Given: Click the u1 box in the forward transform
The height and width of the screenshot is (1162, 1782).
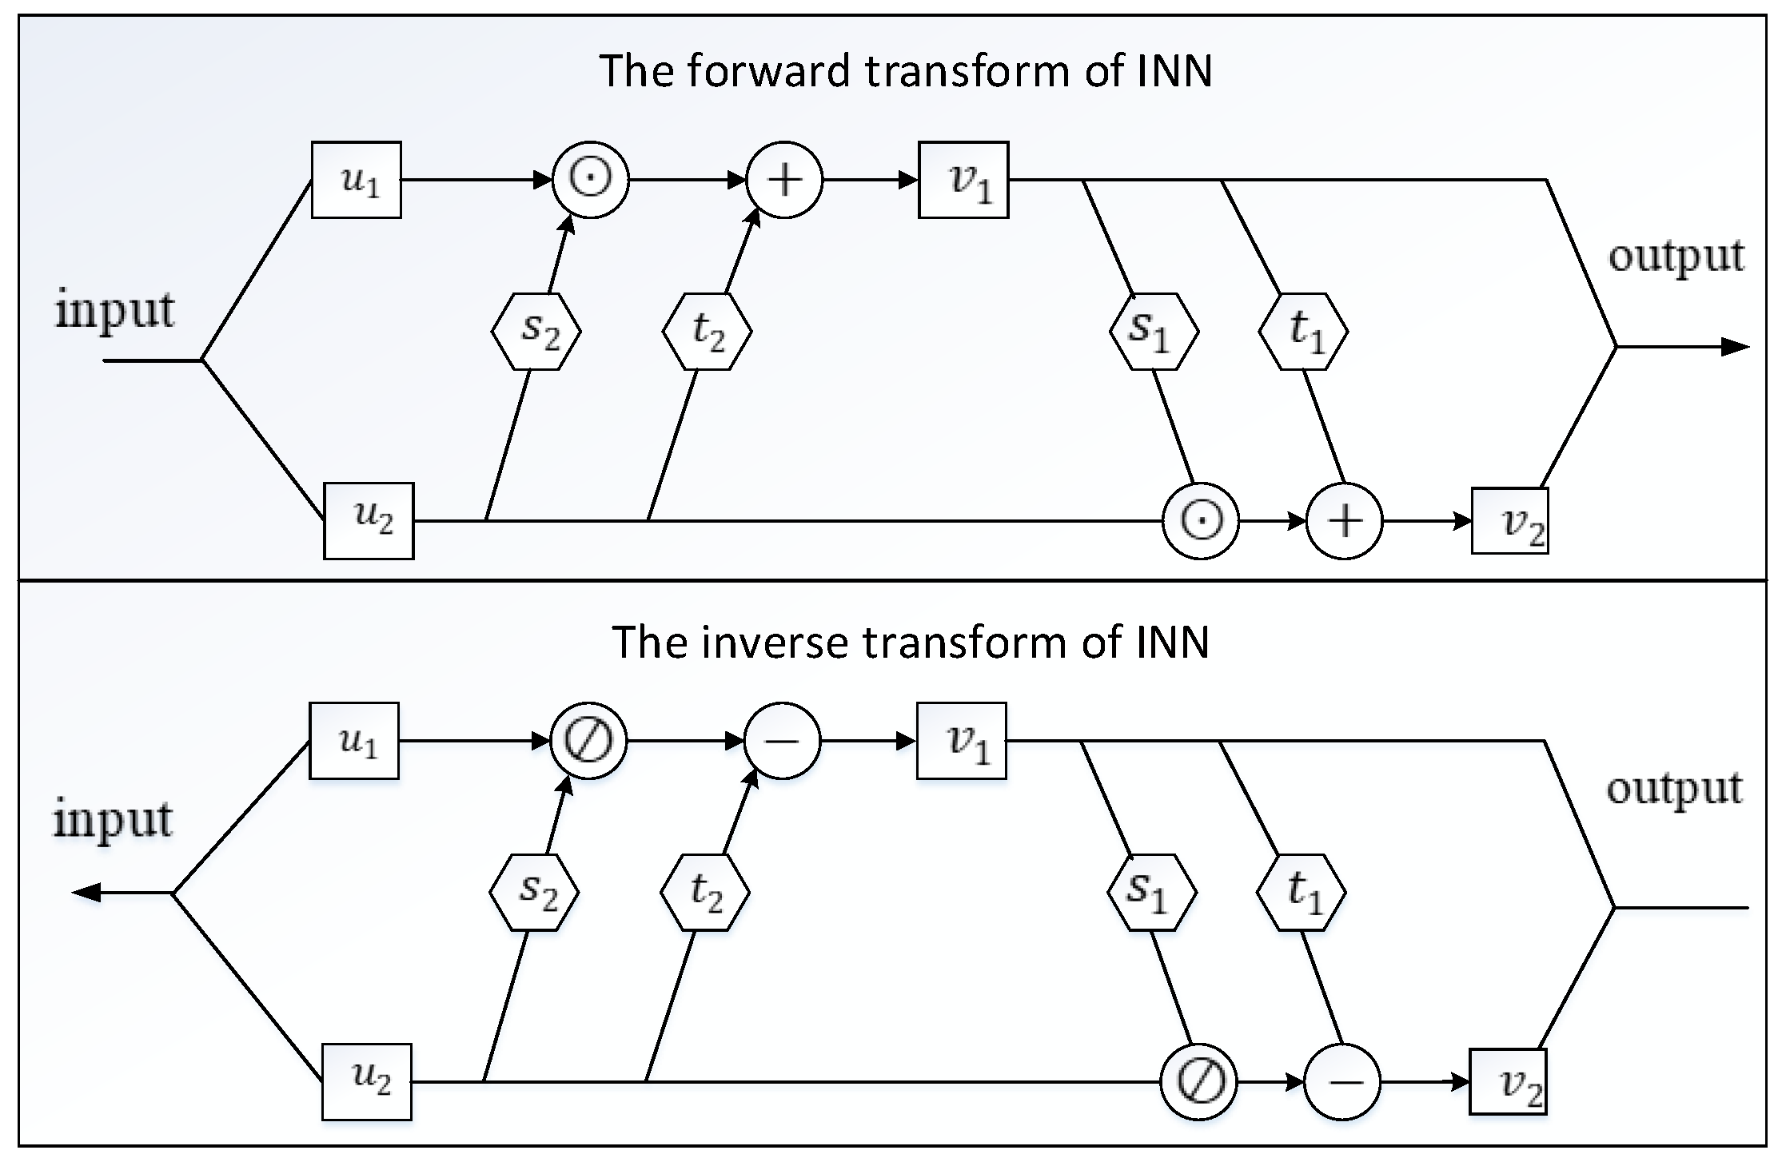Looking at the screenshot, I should (356, 180).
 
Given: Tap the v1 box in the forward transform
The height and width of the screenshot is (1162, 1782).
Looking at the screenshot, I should (963, 180).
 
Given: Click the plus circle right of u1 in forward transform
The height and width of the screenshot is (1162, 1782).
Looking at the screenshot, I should (784, 180).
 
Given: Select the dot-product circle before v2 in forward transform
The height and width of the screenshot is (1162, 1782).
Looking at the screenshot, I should (1200, 521).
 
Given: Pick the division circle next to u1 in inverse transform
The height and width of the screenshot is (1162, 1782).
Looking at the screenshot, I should (588, 741).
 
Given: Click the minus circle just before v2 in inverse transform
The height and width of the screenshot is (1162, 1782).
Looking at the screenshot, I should (1342, 1082).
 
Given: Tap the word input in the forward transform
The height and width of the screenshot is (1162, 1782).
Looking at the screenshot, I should (114, 310).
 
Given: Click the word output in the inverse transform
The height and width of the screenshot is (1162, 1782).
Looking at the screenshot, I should (1674, 789).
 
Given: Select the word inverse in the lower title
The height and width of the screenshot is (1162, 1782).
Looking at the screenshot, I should (774, 642).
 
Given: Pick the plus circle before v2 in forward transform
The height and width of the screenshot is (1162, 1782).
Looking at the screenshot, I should (1344, 521).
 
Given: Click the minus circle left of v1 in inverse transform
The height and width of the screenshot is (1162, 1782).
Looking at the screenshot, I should (782, 741).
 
